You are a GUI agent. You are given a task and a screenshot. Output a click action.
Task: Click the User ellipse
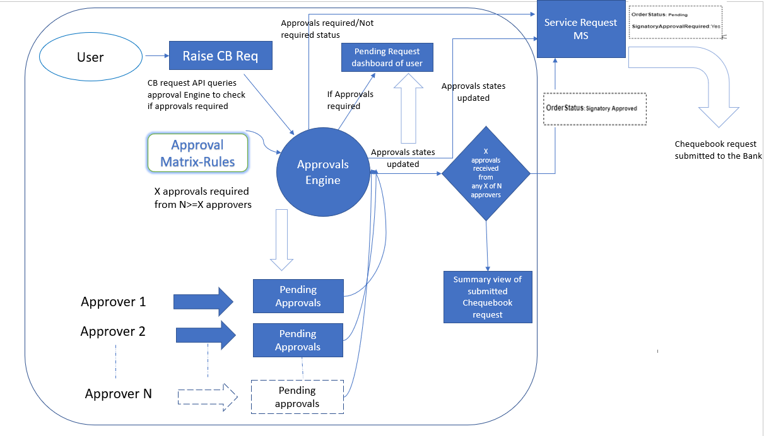click(x=90, y=57)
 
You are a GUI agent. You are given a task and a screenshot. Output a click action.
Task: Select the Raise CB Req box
click(x=220, y=56)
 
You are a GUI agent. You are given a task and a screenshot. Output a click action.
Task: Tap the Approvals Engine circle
click(x=323, y=172)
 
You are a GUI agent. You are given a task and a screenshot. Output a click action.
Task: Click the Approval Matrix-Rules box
click(x=197, y=153)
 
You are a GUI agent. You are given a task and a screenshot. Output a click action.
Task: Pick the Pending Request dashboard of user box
click(x=387, y=57)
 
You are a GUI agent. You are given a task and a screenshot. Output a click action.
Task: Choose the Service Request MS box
click(x=580, y=29)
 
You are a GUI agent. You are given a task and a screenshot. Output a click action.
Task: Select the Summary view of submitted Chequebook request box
click(x=487, y=297)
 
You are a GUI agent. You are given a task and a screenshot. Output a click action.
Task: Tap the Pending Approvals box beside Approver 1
click(x=298, y=296)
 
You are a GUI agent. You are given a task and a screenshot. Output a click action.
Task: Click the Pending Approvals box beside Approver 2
click(x=298, y=340)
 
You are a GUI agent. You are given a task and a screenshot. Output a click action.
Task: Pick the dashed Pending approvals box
click(x=297, y=397)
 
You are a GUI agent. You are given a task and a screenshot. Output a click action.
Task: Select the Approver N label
click(x=119, y=394)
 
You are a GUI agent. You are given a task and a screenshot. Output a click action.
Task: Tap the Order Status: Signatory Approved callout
click(x=594, y=108)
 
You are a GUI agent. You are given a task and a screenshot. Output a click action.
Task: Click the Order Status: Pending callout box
click(x=676, y=21)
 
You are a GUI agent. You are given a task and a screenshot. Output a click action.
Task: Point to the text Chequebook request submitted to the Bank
click(x=718, y=150)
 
